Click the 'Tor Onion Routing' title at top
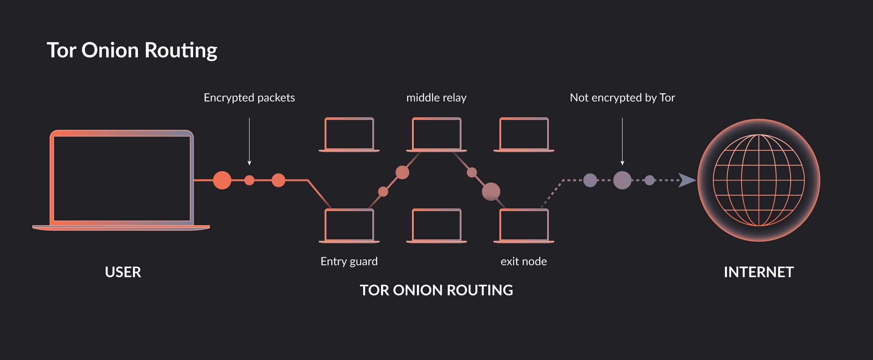tap(132, 50)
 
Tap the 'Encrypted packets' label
tap(249, 98)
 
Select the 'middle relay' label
tap(436, 98)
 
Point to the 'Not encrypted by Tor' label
tap(622, 98)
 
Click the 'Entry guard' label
tap(349, 262)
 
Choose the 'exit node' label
tap(524, 262)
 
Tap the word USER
tap(123, 272)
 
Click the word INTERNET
tap(759, 272)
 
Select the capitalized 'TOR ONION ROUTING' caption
tap(436, 290)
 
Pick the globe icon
tap(759, 180)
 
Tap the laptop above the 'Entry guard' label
tap(349, 226)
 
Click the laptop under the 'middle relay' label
tap(436, 134)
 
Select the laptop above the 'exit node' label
tap(524, 226)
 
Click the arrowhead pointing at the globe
tap(687, 180)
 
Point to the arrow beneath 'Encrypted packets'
tap(249, 141)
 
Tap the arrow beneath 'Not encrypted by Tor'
tap(622, 141)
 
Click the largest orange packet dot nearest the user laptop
tap(222, 180)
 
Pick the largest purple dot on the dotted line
tap(622, 180)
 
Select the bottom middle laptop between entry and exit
tap(436, 226)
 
